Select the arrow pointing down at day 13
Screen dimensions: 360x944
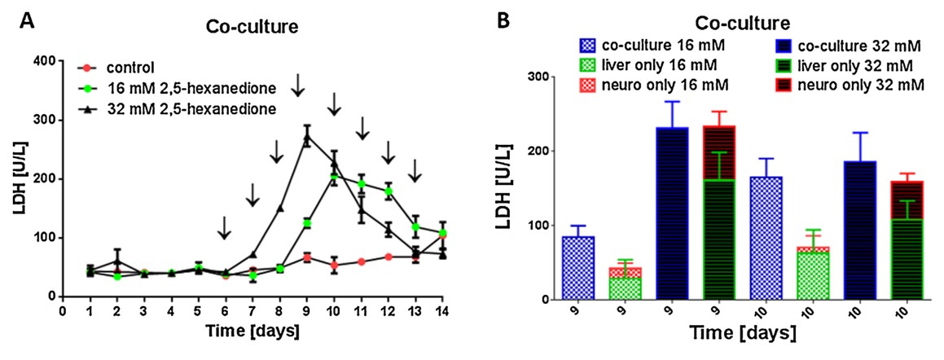tap(415, 170)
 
